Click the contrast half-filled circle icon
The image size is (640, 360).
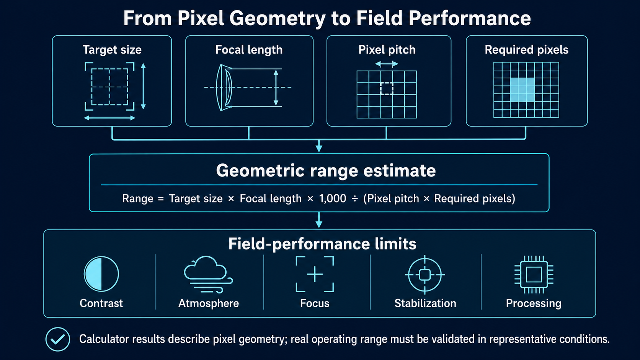(101, 274)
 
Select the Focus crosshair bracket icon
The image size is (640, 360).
(315, 274)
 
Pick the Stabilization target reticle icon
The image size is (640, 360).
(425, 275)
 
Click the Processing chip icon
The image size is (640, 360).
(534, 275)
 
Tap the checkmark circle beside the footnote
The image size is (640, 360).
(58, 339)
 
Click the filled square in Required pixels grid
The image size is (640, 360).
(522, 90)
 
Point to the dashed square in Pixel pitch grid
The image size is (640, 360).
(387, 89)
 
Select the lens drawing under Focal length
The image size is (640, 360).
(224, 87)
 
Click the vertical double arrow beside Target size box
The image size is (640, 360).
(144, 86)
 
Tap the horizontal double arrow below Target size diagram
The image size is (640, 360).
(110, 118)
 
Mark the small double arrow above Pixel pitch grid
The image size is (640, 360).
(387, 64)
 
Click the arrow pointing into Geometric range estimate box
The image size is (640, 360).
(319, 146)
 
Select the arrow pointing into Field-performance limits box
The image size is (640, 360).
(319, 220)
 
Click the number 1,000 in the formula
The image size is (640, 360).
(333, 199)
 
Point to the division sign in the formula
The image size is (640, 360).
(354, 199)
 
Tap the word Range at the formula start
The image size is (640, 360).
(138, 199)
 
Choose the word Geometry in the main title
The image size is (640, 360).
(277, 19)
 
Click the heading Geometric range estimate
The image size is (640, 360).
(326, 171)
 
